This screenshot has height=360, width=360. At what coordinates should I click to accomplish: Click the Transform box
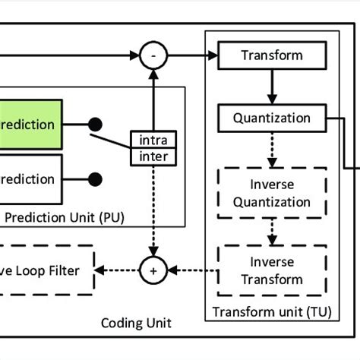click(x=271, y=55)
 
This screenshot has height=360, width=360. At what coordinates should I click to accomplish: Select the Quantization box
click(x=271, y=118)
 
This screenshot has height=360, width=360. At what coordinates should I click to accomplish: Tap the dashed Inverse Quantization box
click(x=271, y=193)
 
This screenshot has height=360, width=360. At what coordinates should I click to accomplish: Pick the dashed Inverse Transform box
click(x=271, y=270)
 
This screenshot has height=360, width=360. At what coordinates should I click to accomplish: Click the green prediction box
click(x=30, y=125)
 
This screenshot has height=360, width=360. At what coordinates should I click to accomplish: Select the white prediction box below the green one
click(x=30, y=179)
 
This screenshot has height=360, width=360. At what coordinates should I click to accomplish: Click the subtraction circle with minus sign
click(x=153, y=55)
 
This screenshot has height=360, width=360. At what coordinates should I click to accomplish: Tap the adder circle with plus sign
click(x=153, y=270)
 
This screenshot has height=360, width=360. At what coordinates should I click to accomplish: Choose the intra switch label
click(x=153, y=140)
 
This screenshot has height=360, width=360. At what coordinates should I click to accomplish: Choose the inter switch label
click(x=153, y=156)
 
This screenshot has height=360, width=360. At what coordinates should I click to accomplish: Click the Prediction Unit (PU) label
click(x=65, y=218)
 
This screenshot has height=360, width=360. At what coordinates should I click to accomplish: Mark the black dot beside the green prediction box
click(x=96, y=124)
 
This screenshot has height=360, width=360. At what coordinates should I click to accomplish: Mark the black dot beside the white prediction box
click(x=96, y=179)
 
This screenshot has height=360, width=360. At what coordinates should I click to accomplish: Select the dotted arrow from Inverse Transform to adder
click(x=193, y=270)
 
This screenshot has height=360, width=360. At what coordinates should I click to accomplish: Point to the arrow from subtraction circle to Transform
click(x=191, y=55)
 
